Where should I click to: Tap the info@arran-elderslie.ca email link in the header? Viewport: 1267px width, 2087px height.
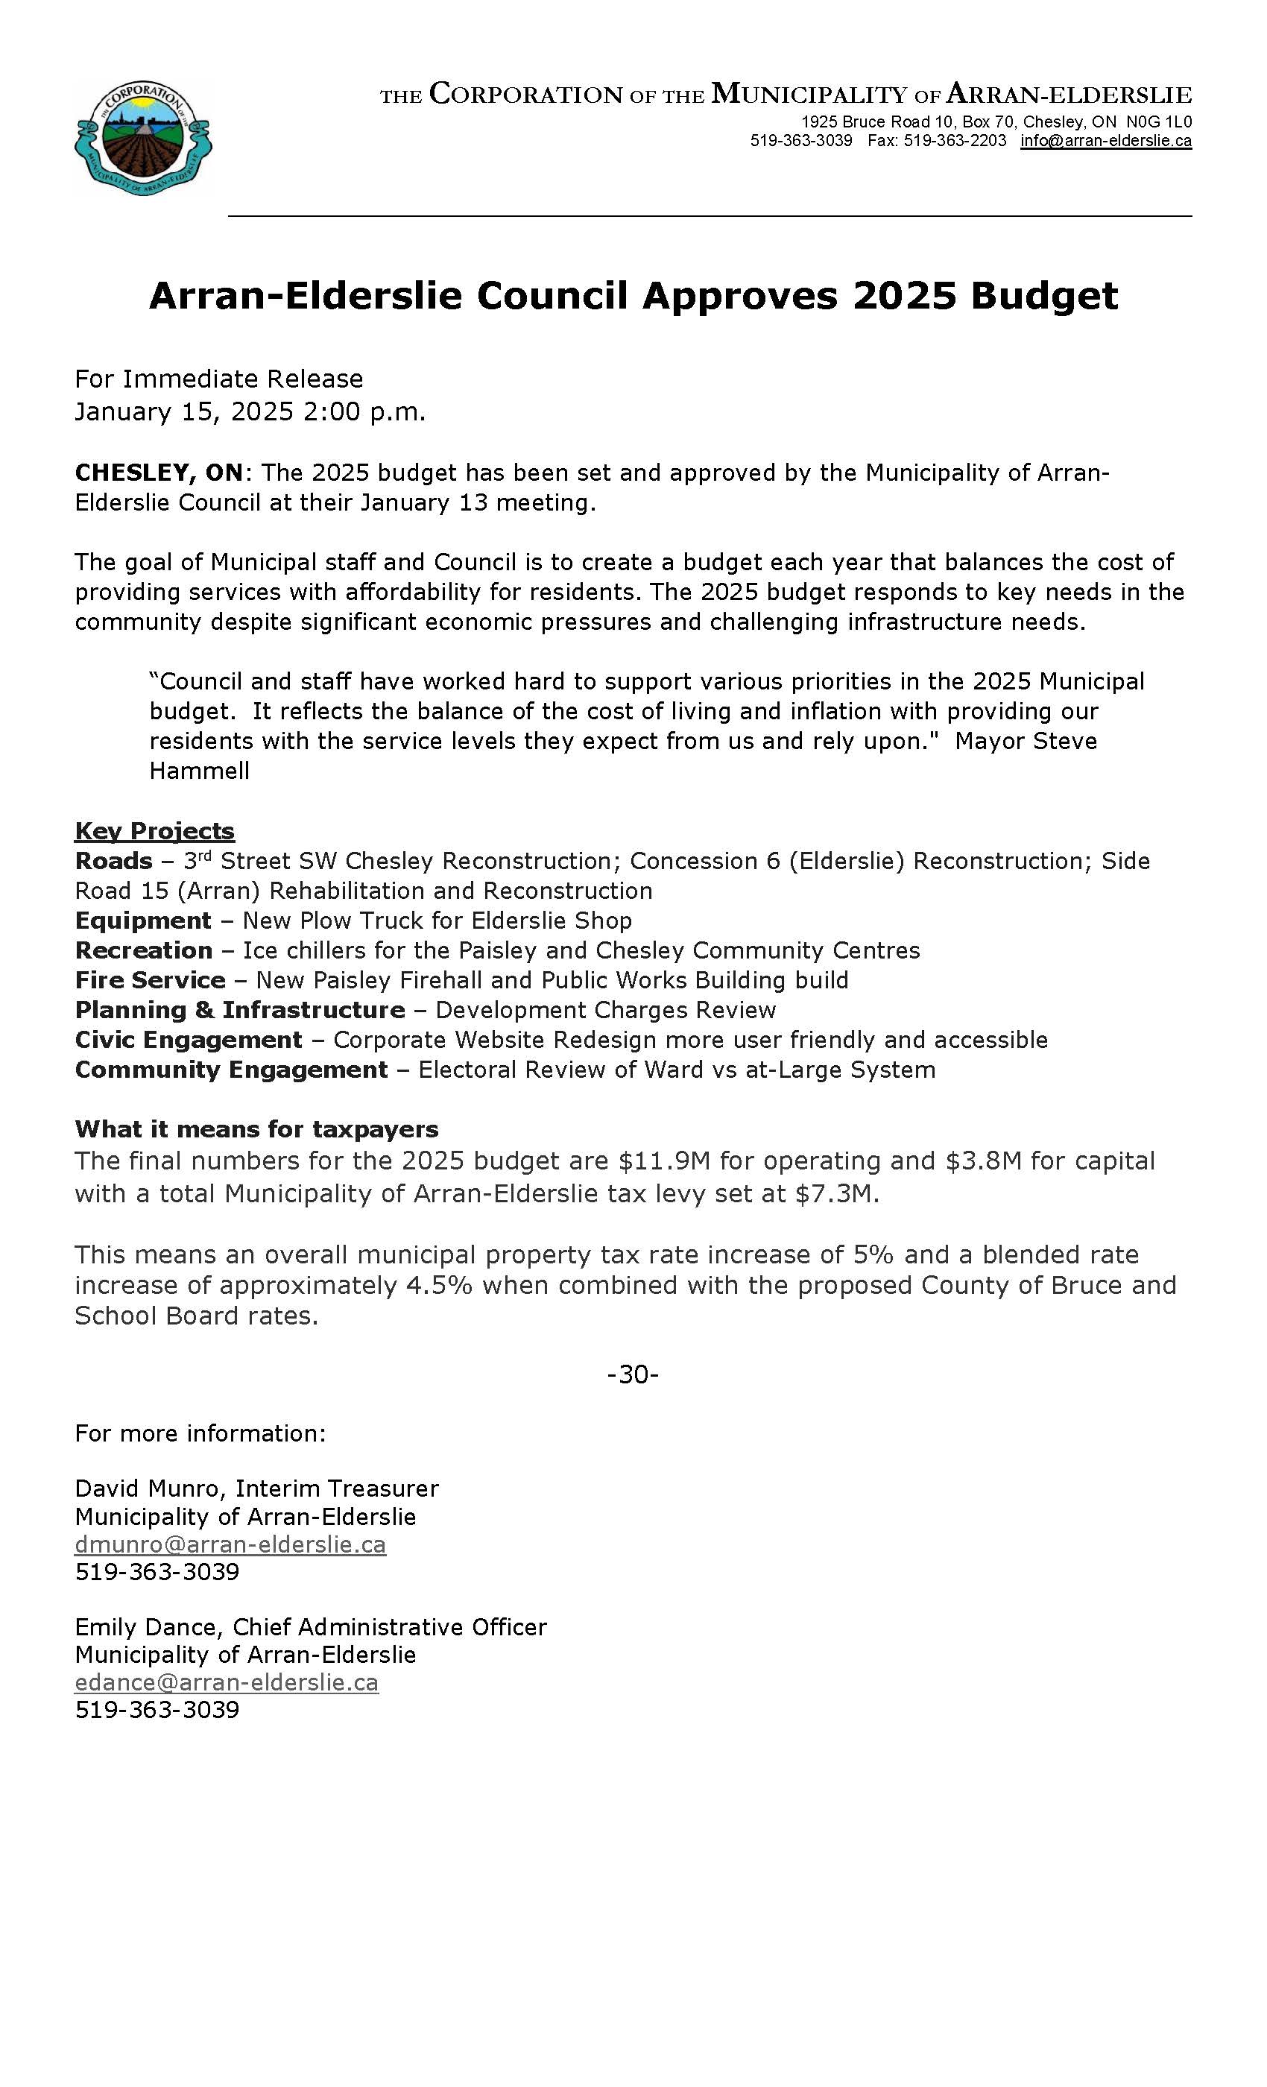(1105, 141)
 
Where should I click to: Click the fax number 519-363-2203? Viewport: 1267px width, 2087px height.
(955, 141)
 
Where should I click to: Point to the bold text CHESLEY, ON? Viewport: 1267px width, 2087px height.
(158, 472)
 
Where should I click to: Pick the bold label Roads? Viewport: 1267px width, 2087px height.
(113, 861)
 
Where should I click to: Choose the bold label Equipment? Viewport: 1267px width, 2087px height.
(142, 921)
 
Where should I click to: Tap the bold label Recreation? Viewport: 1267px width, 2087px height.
(143, 950)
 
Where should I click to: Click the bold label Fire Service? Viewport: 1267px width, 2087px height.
(150, 980)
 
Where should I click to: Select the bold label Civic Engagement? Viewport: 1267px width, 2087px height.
(188, 1039)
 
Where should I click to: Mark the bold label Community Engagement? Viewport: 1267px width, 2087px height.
(231, 1069)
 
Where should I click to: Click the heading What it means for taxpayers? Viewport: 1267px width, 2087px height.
(256, 1129)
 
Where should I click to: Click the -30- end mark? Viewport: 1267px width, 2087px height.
(633, 1374)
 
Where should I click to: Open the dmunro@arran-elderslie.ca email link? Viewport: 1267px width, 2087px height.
(230, 1544)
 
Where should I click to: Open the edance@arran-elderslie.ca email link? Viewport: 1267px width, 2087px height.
(226, 1682)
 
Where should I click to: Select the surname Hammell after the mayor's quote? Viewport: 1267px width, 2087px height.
(199, 771)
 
